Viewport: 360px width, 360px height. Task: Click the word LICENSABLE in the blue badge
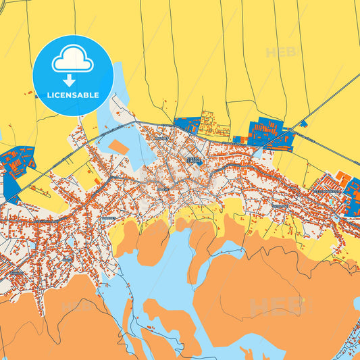(x=72, y=95)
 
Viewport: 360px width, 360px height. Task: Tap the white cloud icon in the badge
(x=72, y=61)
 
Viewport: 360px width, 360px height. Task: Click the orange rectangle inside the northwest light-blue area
(x=118, y=147)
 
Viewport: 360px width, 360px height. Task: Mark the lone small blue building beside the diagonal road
(x=304, y=124)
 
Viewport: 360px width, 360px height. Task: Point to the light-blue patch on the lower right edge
(x=356, y=303)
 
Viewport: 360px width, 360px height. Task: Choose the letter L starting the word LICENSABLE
(x=49, y=95)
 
